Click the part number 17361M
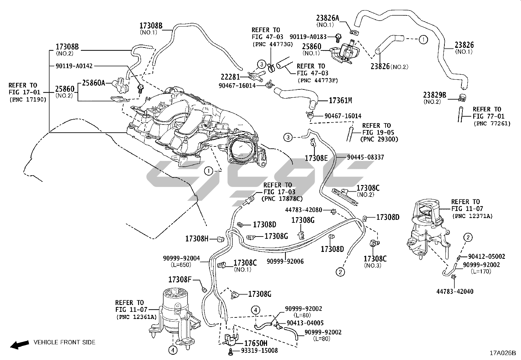340,101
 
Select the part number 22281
230,77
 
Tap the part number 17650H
256,343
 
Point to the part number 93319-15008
259,351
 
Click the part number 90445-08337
365,158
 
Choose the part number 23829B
435,95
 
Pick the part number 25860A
93,83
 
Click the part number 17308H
197,239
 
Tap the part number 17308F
180,279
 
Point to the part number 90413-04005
305,323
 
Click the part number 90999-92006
285,261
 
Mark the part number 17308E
316,158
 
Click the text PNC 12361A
136,317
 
